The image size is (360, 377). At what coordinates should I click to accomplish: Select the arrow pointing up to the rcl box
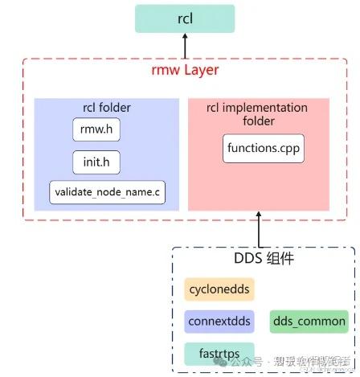pos(184,48)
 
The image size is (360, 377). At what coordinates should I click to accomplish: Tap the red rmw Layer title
pos(184,71)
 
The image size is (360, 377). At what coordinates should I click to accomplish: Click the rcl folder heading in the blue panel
pos(107,108)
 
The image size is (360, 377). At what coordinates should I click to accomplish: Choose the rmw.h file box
pos(96,129)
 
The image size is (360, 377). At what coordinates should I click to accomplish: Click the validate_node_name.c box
pos(107,193)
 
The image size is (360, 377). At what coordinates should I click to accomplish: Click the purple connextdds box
pos(219,322)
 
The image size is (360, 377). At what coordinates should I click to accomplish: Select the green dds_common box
pos(309,322)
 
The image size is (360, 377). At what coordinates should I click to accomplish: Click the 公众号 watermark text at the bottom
pos(251,363)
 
